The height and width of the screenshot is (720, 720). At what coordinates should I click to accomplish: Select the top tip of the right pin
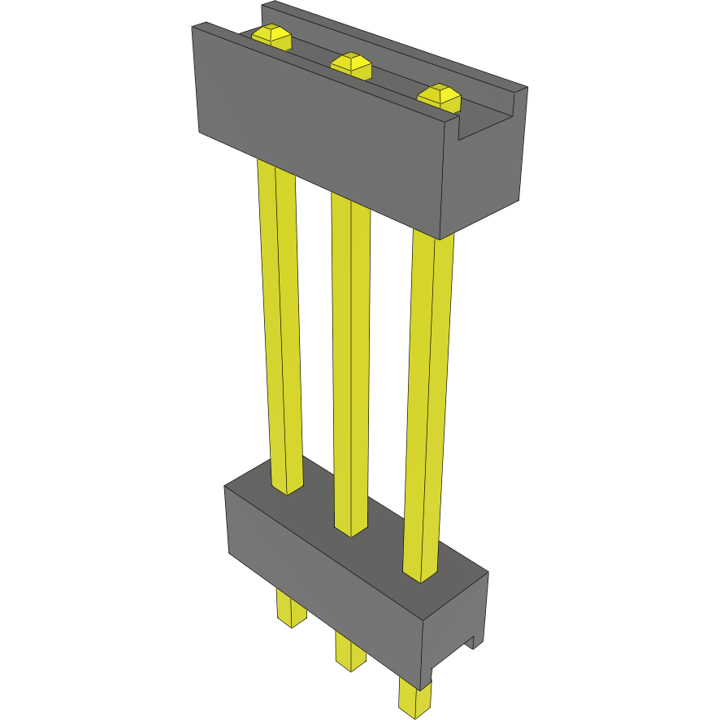click(440, 95)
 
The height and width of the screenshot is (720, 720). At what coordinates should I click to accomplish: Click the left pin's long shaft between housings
click(280, 325)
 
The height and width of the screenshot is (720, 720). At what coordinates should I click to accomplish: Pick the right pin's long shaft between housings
click(428, 406)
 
